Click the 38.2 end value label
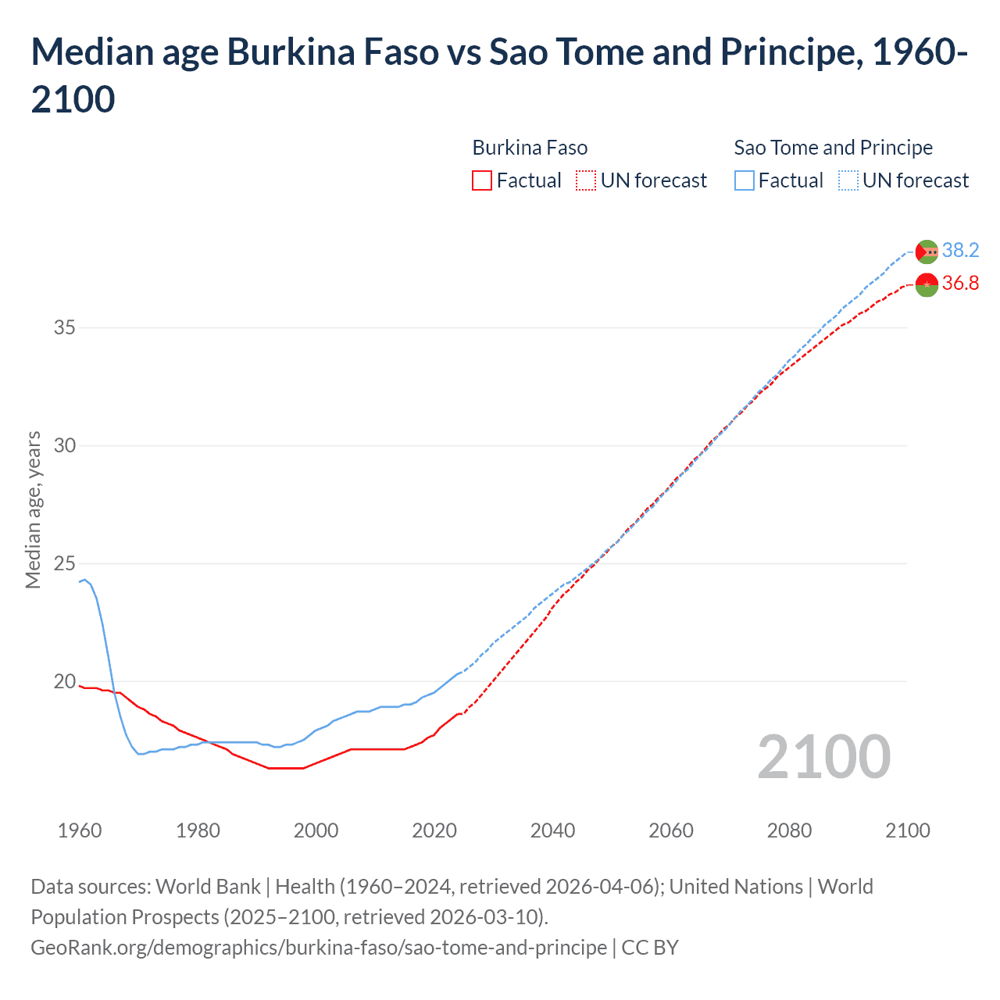coord(960,250)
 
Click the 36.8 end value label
coord(960,283)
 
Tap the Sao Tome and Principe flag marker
coord(927,252)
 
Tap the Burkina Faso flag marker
coord(927,284)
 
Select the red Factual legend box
coord(482,180)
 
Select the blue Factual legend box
coord(745,180)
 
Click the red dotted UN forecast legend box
coord(586,180)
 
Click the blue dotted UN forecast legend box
coord(848,180)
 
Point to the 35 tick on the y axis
coord(65,327)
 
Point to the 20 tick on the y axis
coord(65,681)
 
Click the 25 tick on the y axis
coord(65,563)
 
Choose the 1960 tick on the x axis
coord(80,830)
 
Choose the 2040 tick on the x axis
coord(552,830)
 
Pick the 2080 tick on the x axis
coord(789,830)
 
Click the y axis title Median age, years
coord(33,509)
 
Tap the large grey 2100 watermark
coord(823,756)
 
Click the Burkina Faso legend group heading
coord(530,148)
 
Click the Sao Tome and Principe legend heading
coord(833,148)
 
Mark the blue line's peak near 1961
coord(84,579)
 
